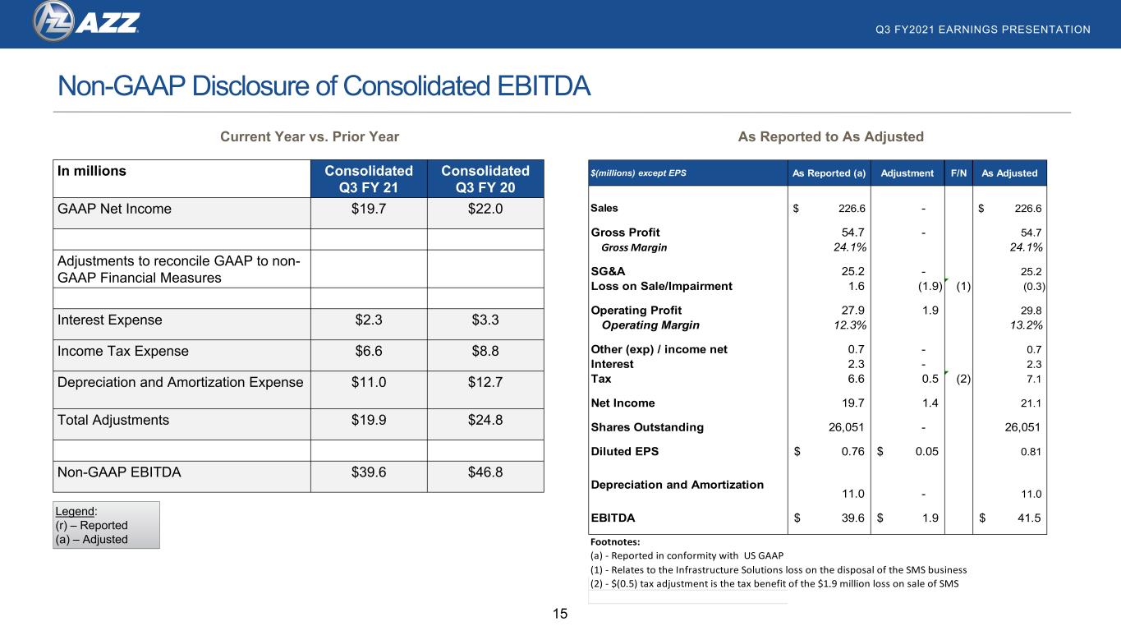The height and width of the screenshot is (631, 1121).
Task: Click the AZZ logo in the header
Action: pyautogui.click(x=86, y=21)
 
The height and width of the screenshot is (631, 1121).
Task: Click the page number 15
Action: pyautogui.click(x=560, y=614)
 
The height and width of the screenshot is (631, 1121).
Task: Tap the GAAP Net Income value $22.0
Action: pyautogui.click(x=485, y=209)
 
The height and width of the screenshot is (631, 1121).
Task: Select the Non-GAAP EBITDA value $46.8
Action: pyautogui.click(x=485, y=472)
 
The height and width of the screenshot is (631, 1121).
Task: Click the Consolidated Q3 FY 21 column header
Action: pyautogui.click(x=369, y=179)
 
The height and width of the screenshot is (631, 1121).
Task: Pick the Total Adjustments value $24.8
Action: pyautogui.click(x=485, y=420)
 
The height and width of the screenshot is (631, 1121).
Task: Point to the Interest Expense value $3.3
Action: pyautogui.click(x=485, y=320)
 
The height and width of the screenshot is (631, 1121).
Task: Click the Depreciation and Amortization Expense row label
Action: pyautogui.click(x=180, y=382)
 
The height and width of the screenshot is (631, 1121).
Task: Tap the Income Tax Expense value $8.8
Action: pyautogui.click(x=485, y=351)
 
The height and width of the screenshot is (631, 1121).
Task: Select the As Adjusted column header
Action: pyautogui.click(x=1009, y=173)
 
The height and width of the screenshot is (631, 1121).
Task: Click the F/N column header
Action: pyautogui.click(x=958, y=173)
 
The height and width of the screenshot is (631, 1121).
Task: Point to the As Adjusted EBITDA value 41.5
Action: pyautogui.click(x=1029, y=518)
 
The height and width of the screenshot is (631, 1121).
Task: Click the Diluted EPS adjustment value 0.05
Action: pyautogui.click(x=927, y=451)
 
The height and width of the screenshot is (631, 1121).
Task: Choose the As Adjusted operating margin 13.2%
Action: pyautogui.click(x=1026, y=325)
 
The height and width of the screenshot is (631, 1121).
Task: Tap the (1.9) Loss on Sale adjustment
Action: pyautogui.click(x=930, y=286)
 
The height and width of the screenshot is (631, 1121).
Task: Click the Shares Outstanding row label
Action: pyautogui.click(x=647, y=427)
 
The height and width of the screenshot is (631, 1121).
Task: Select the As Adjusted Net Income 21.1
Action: pyautogui.click(x=1031, y=403)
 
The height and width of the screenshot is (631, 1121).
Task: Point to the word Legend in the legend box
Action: pyautogui.click(x=75, y=511)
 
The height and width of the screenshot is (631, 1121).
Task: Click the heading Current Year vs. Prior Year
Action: pyautogui.click(x=310, y=136)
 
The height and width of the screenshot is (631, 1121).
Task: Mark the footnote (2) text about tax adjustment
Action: pyautogui.click(x=774, y=583)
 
